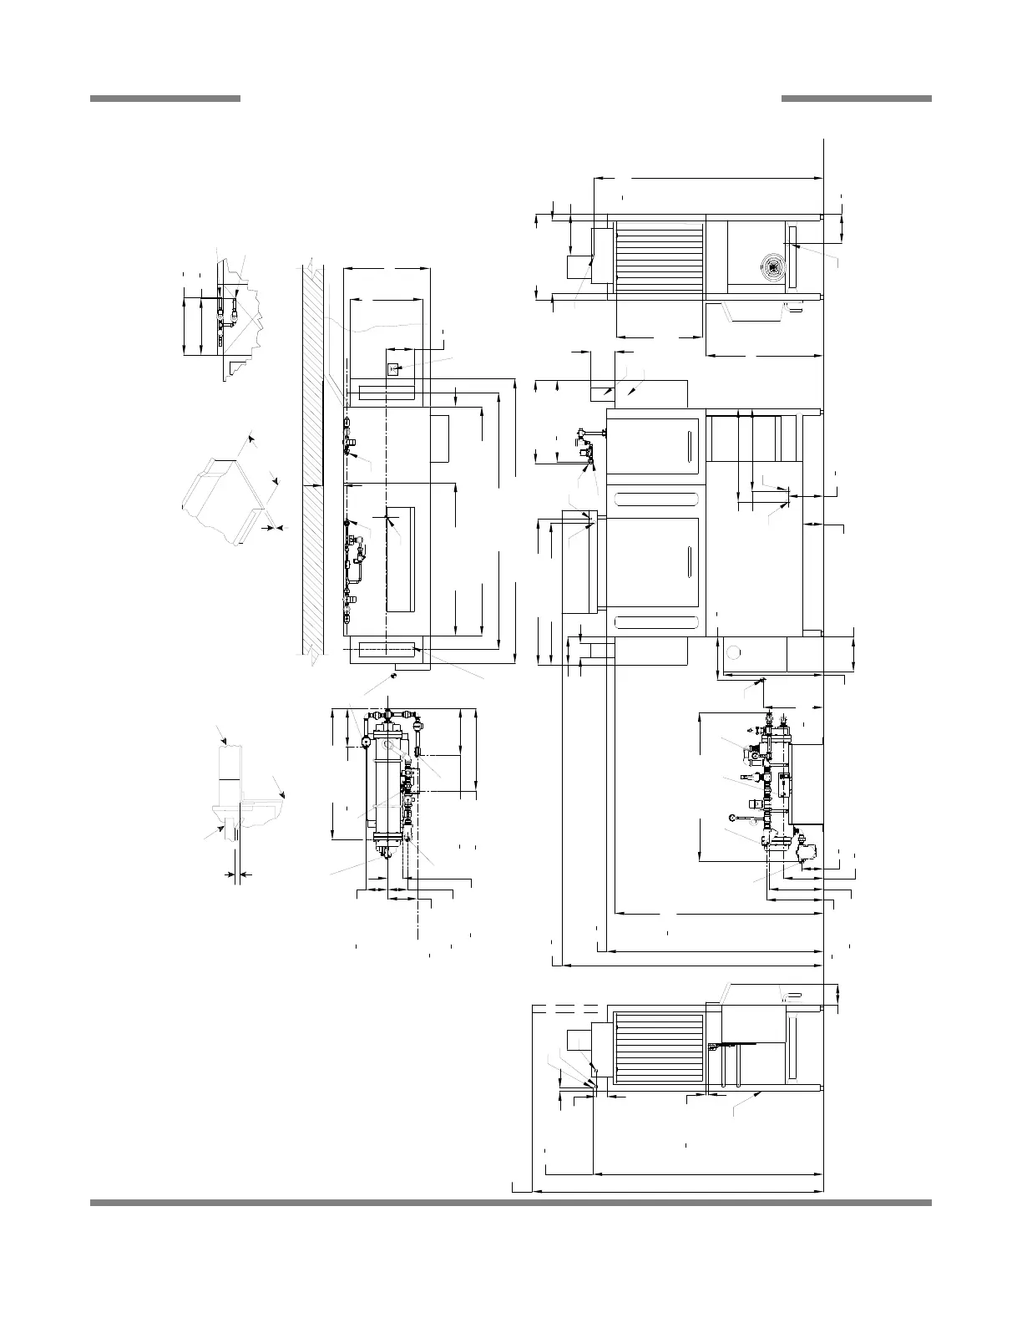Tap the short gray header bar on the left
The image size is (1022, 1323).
164,99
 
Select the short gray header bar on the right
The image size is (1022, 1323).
856,99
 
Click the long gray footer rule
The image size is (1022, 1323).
510,1203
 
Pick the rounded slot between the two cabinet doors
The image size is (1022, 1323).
655,499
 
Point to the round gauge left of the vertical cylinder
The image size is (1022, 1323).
366,740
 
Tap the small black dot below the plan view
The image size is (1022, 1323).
392,676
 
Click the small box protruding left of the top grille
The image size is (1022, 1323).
579,268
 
